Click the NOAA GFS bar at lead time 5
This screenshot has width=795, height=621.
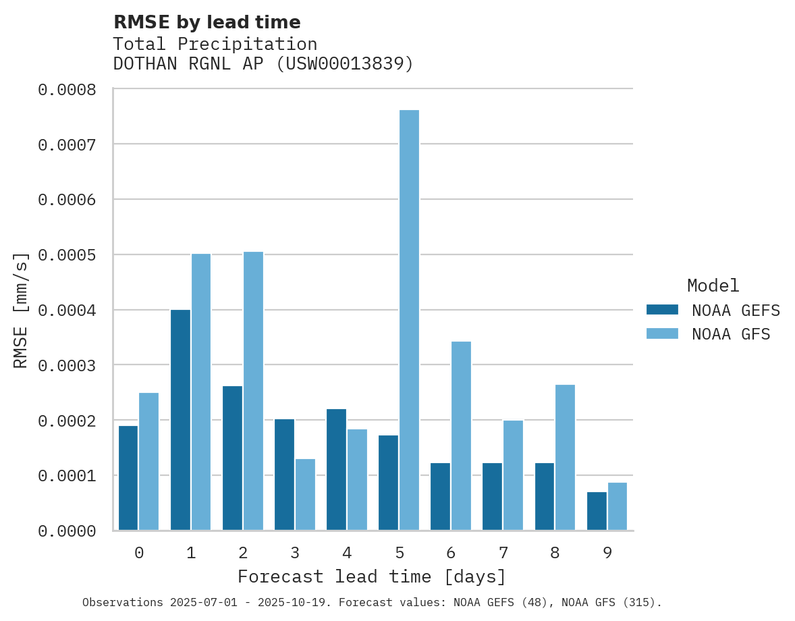pos(409,320)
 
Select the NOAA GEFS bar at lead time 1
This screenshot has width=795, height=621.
pos(180,420)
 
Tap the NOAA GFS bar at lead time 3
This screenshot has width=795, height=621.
pos(305,495)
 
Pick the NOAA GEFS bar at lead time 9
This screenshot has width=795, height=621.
pos(597,511)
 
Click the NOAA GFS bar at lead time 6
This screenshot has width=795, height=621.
pos(461,435)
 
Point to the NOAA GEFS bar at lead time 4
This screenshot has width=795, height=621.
pos(336,469)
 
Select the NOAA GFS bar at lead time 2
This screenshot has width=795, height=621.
pos(253,391)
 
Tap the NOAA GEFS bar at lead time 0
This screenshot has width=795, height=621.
pos(128,478)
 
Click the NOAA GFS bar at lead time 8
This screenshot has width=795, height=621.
pos(565,457)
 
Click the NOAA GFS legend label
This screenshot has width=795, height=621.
pos(731,334)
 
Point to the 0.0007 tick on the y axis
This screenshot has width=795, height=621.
pos(76,144)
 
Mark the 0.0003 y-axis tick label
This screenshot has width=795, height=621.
pos(76,366)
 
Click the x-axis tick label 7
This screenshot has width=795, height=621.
pos(503,553)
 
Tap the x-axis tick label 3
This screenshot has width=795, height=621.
pos(295,553)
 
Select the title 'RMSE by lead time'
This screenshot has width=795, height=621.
pos(207,22)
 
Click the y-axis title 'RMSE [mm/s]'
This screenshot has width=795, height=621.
pos(22,310)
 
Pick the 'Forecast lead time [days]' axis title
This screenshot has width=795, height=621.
pos(372,577)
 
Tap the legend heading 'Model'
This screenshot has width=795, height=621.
pos(713,286)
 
